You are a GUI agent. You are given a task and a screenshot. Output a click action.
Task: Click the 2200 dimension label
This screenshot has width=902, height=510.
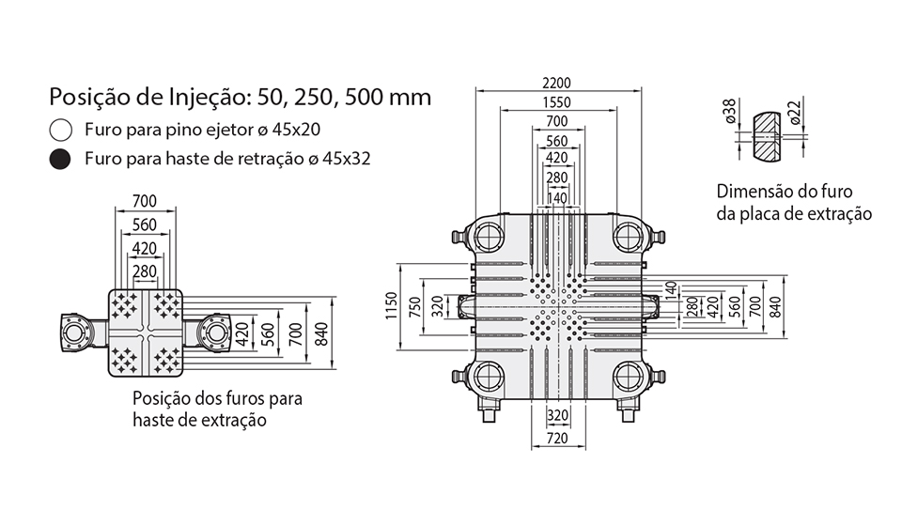[556, 83]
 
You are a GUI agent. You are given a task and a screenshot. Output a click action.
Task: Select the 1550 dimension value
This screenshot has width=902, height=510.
[556, 102]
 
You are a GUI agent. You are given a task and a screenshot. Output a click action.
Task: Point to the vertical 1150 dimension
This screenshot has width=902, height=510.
[391, 305]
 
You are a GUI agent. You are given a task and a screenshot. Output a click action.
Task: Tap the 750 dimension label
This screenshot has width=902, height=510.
[414, 306]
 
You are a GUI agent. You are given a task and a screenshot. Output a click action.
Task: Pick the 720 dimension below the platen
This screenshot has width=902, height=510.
[557, 438]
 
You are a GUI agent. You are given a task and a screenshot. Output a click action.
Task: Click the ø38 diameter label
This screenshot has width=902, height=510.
[729, 111]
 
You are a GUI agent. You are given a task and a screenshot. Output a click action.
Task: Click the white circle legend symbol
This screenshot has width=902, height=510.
[60, 130]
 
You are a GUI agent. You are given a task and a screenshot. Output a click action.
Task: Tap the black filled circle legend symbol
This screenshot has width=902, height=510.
[60, 160]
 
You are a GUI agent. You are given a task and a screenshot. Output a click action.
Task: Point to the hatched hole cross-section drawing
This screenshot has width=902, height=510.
[767, 136]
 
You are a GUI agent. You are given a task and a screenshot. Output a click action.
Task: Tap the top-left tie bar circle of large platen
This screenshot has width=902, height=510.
[489, 236]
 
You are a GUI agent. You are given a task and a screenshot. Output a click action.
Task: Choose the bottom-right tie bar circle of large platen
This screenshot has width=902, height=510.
[628, 378]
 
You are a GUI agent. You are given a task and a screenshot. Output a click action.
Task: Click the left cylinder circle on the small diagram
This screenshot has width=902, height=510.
[75, 332]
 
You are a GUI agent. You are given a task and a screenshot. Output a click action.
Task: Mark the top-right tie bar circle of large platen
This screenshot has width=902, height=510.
[628, 236]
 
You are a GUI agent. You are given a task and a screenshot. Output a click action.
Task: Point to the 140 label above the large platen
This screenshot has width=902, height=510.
[557, 198]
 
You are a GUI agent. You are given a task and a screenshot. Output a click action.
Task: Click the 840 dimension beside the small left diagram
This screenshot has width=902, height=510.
[321, 334]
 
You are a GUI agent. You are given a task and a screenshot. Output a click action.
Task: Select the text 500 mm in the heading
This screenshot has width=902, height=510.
[388, 97]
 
